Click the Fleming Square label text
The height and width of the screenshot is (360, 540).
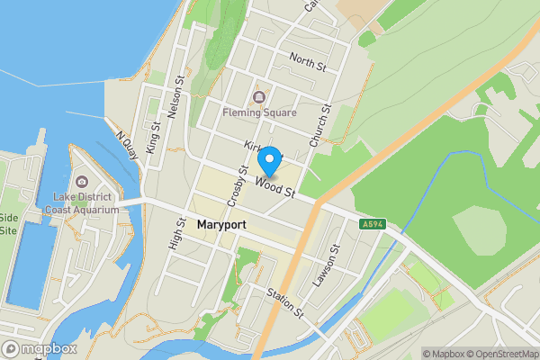pos(260,113)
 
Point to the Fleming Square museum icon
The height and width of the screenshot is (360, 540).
pos(260,97)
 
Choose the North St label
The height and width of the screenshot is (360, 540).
pos(308,61)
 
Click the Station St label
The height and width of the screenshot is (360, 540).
pos(285,303)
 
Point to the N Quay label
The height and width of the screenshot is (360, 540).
pos(126,147)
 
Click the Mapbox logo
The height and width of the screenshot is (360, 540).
pos(40,348)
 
